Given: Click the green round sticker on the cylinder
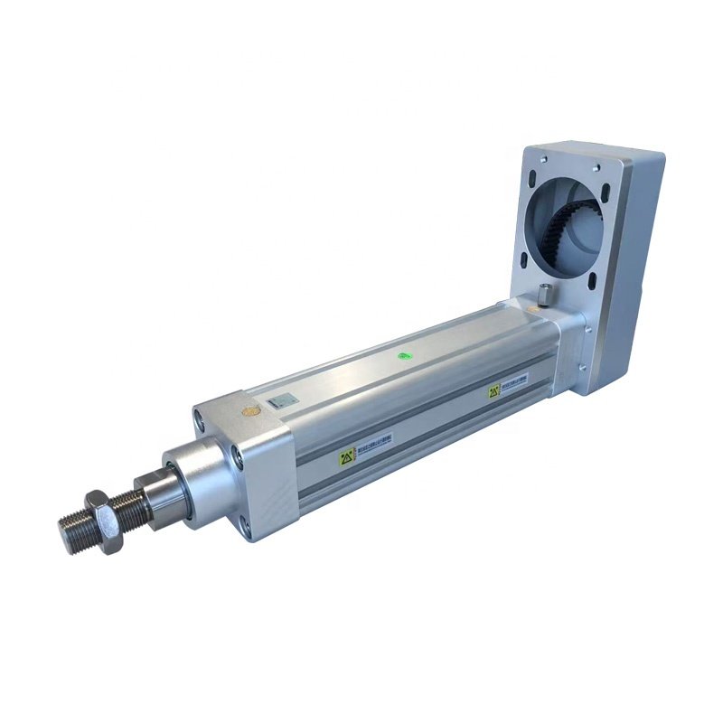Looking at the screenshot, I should [x=405, y=356].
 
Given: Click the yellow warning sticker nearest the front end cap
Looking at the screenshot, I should [x=346, y=458].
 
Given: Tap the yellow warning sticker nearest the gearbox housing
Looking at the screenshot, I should [x=494, y=391].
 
